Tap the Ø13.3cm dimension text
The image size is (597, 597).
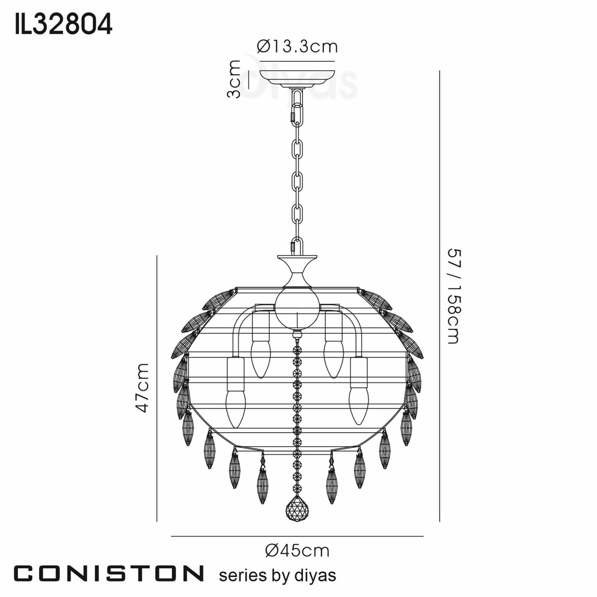(297, 47)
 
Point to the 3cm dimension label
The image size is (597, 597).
(234, 79)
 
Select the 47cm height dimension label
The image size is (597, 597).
(143, 388)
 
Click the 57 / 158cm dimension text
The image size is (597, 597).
(454, 297)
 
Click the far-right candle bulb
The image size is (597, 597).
(359, 406)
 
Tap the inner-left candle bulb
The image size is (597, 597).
(261, 359)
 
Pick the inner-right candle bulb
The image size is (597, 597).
(334, 359)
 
